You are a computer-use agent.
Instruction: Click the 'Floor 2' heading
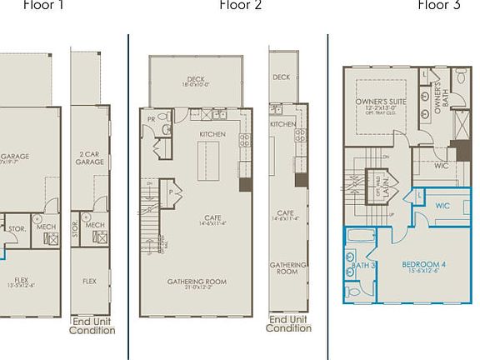click(240, 6)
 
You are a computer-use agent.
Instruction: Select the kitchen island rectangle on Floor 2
click(208, 160)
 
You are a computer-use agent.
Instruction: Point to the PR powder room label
click(151, 119)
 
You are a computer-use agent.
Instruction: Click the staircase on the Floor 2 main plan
click(151, 217)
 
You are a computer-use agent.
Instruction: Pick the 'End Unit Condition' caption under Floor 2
click(288, 323)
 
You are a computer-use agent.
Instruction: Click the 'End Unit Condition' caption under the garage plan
click(92, 326)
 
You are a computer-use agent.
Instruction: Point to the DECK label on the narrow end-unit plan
click(282, 77)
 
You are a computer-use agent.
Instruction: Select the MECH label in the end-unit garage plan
click(94, 225)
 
